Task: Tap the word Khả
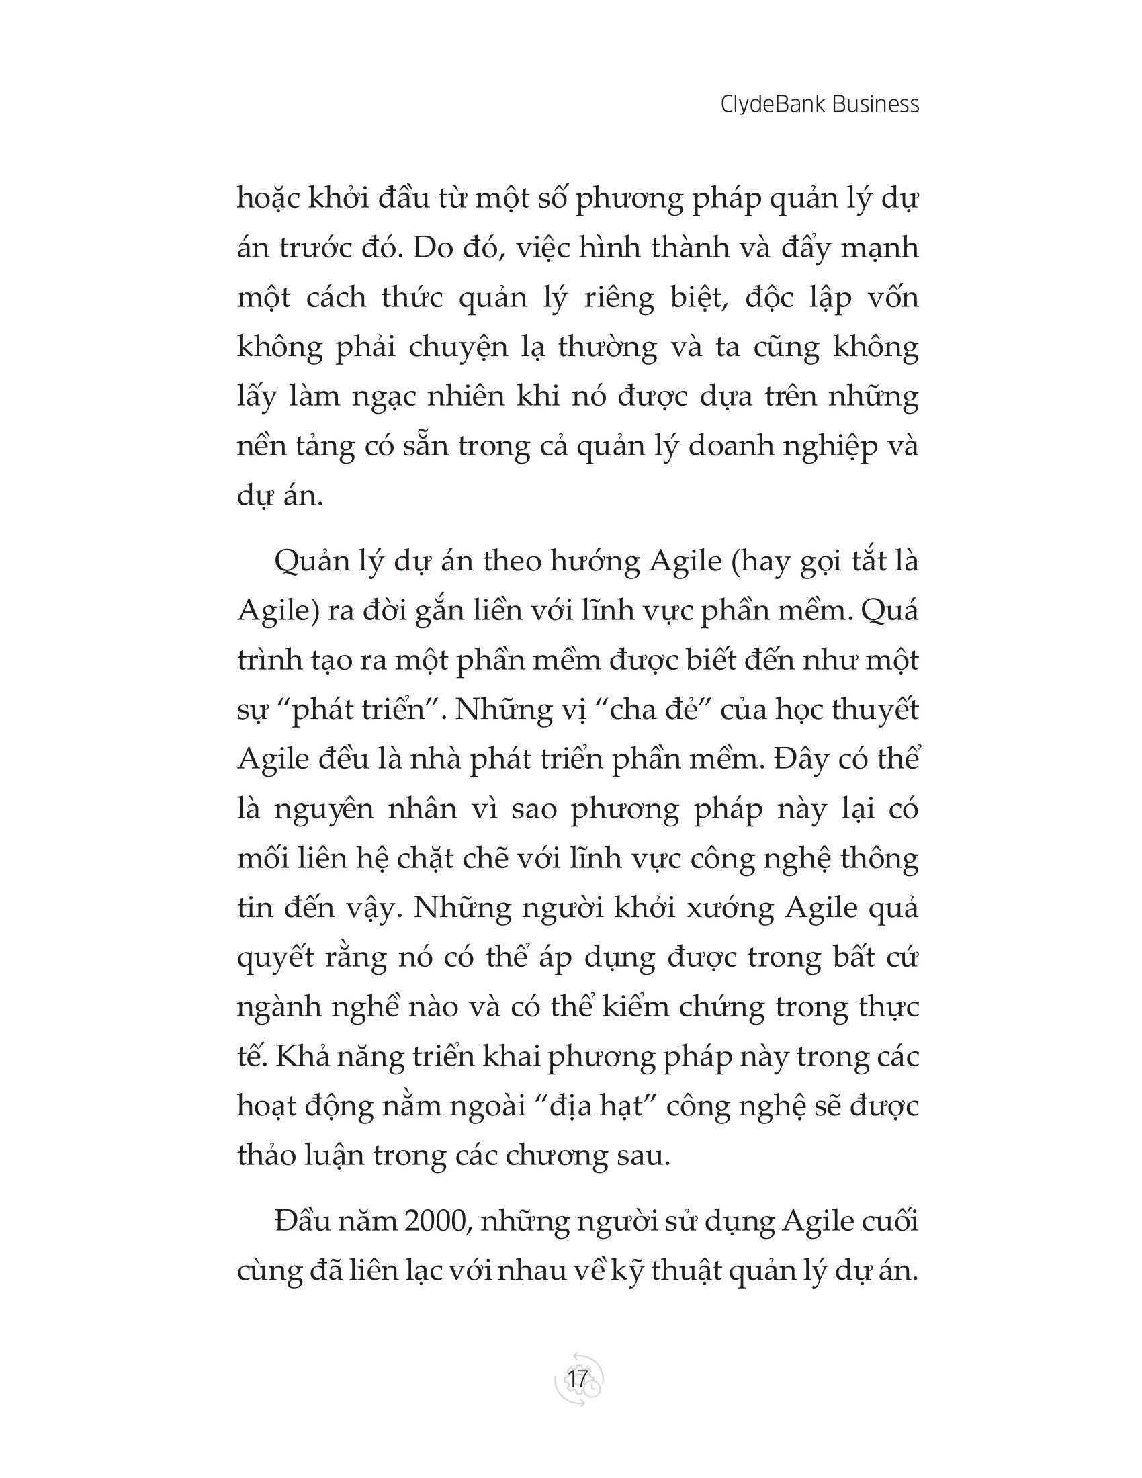(304, 1057)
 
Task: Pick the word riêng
(622, 298)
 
